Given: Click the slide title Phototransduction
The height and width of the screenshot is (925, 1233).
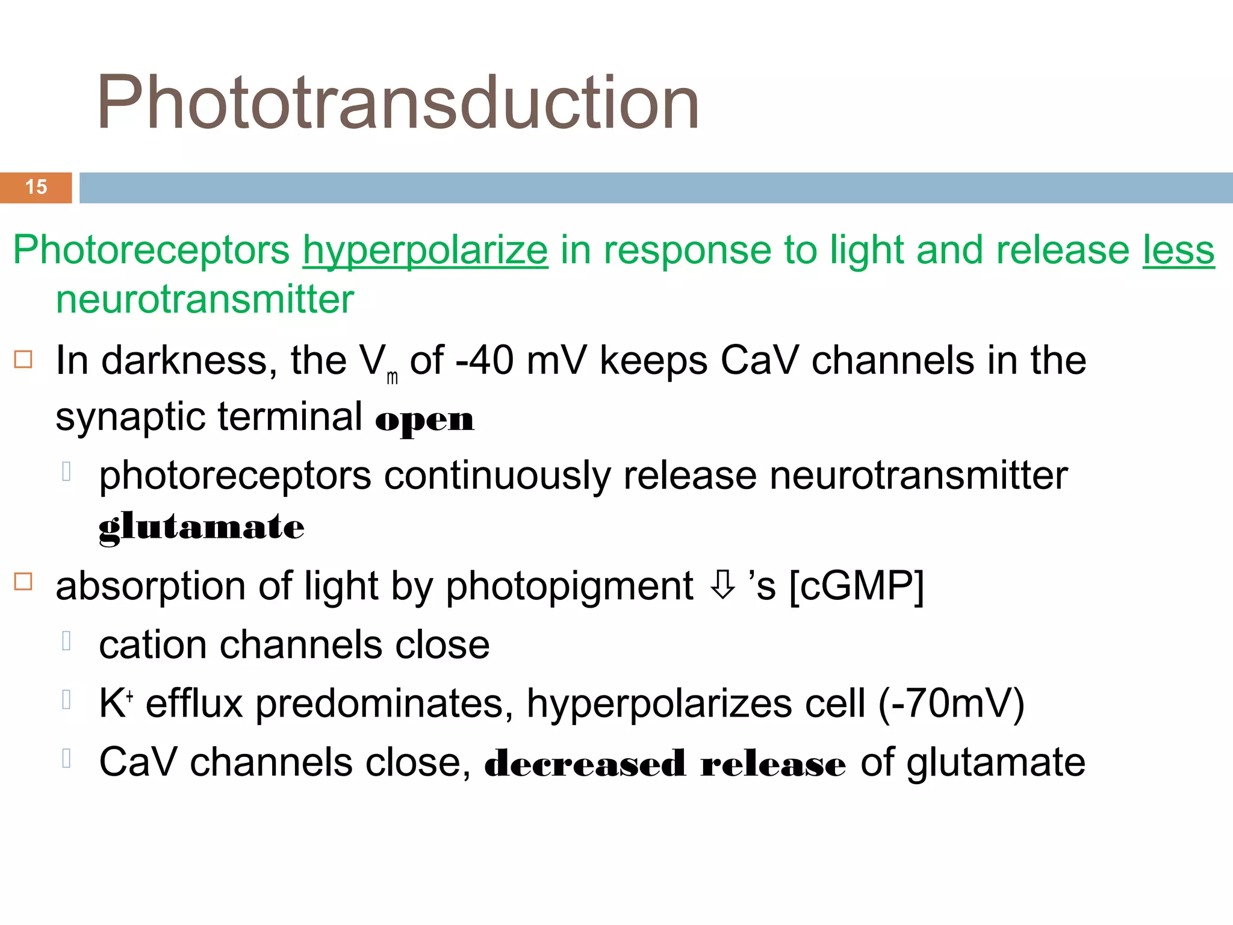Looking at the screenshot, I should pos(397,102).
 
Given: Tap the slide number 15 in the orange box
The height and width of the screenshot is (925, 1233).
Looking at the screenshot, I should pos(36,187).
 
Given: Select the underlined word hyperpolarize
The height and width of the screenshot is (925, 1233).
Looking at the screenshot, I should pos(425,251).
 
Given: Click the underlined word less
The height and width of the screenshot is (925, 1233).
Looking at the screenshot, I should pos(1178,251).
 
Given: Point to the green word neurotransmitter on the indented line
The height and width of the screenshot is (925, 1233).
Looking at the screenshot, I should pos(205,300).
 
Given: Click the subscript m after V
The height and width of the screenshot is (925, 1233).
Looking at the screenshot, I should pos(392,378).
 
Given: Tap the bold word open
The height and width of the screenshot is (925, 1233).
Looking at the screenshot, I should pos(424,420).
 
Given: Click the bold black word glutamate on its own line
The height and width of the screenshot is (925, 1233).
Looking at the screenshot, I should pos(201,528).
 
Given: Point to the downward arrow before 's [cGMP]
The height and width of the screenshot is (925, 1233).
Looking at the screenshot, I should pos(722,585).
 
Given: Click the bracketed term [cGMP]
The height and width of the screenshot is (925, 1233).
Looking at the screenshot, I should pos(856,587).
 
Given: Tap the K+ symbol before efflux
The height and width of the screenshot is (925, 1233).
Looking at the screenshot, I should pos(115,703).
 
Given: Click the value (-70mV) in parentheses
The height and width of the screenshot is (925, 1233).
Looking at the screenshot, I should pos(951,703).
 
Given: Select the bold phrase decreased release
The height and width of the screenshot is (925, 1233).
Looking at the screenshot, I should pos(665,764).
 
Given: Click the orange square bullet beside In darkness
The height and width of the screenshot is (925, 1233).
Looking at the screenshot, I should pos(23,360).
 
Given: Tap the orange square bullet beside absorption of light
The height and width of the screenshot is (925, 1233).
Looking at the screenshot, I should pos(23,582).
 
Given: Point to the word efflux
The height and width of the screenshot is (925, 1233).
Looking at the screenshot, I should pos(194,703).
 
